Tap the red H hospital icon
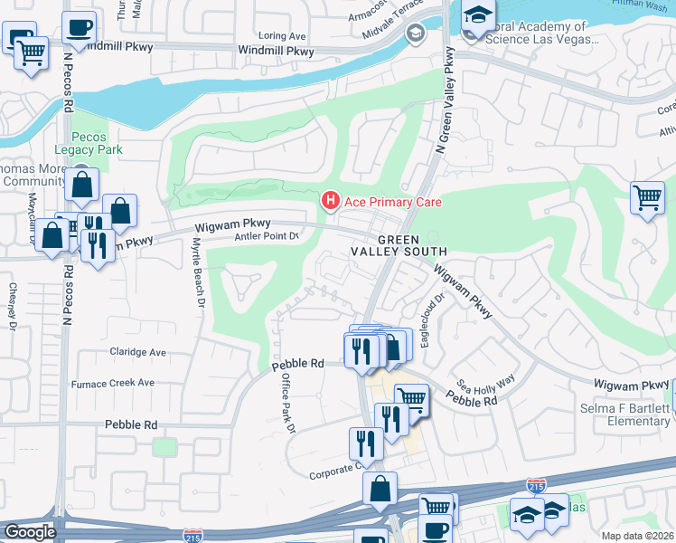click(x=332, y=200)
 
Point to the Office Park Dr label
click(x=287, y=403)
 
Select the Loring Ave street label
click(x=282, y=36)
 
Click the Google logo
click(x=30, y=532)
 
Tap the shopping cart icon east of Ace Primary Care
click(x=648, y=196)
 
